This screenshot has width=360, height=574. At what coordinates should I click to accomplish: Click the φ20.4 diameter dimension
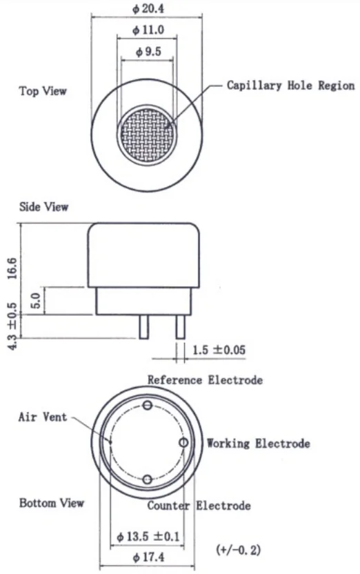148,8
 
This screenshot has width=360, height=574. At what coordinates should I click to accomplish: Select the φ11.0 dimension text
148,30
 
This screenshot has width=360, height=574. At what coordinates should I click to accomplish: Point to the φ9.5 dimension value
148,52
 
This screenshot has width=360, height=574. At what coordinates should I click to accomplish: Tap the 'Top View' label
43,91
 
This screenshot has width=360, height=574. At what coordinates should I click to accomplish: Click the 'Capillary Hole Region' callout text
291,86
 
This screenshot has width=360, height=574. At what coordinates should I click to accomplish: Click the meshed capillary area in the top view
147,135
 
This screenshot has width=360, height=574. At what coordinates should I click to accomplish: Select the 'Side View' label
44,207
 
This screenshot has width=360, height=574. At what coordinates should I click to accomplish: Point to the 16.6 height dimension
12,268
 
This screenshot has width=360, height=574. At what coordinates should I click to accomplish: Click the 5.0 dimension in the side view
37,301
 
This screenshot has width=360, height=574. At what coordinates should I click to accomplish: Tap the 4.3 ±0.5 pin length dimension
12,326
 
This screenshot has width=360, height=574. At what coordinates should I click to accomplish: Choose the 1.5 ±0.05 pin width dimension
219,350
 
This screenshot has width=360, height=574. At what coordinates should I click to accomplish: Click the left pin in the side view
143,326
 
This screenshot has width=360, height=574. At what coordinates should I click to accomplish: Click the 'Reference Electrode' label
205,380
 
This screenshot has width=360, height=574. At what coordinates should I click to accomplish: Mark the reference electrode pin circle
148,405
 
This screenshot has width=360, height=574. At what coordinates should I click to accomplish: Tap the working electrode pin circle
183,443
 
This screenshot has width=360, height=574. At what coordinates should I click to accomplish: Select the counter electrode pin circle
148,479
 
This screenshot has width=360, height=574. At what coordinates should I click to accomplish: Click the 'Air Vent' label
43,417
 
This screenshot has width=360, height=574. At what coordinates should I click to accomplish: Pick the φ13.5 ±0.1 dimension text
148,537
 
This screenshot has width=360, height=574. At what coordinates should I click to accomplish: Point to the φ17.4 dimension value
148,557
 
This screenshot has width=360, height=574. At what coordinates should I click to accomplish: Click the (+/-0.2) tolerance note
239,549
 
